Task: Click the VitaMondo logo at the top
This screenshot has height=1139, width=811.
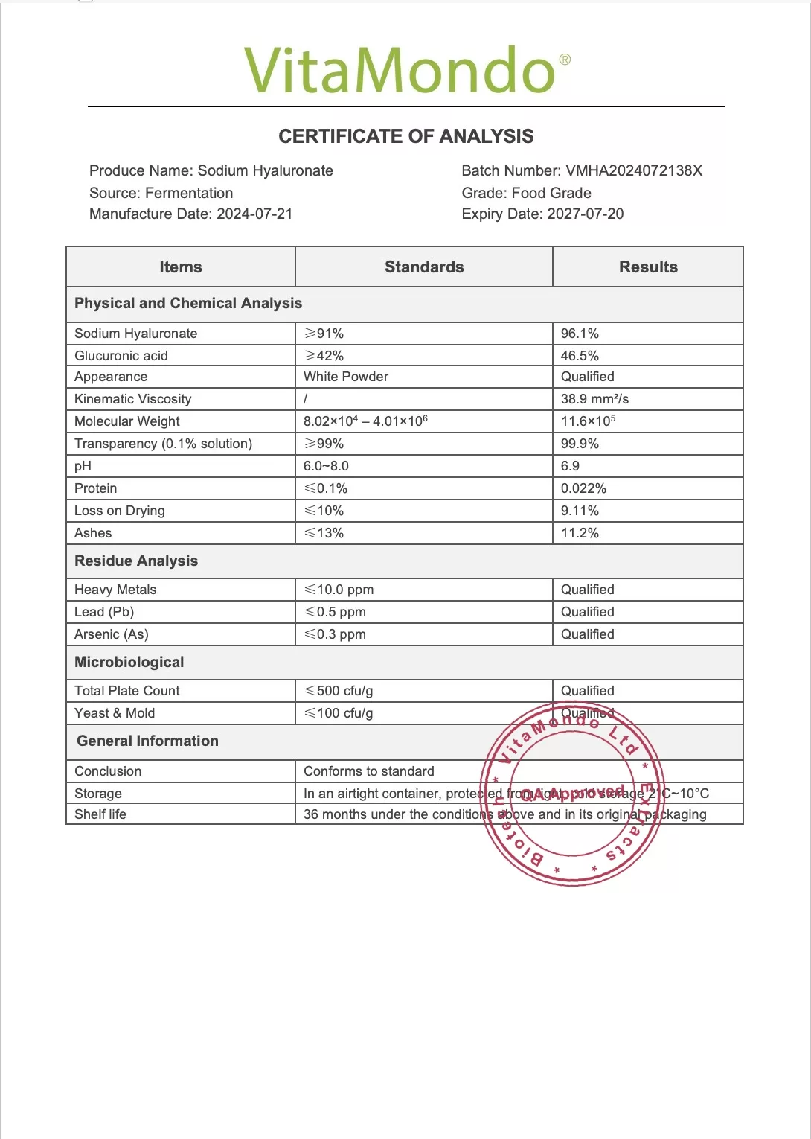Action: coord(406,70)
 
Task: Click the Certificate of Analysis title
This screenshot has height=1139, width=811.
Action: coord(406,136)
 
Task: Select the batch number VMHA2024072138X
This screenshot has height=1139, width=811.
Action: coord(633,170)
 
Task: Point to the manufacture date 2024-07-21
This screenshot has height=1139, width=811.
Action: coord(254,214)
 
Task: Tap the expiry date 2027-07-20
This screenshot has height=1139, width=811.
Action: coord(585,214)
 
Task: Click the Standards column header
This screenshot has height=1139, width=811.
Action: coord(424,267)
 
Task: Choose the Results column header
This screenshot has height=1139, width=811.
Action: coord(648,267)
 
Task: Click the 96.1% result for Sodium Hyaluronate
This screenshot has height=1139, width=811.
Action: coord(580,334)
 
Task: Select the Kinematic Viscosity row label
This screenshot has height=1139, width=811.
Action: coord(133,399)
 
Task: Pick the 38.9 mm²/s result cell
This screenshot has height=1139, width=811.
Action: coord(594,399)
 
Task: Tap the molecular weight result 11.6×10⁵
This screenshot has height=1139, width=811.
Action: coord(588,421)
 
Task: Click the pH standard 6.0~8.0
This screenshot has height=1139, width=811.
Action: coord(326,466)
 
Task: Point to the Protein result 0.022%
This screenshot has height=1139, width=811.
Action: coord(583,488)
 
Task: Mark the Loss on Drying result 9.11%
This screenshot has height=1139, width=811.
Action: coord(580,511)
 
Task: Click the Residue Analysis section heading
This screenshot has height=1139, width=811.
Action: coord(136,561)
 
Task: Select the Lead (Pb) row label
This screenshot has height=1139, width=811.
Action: coord(104,612)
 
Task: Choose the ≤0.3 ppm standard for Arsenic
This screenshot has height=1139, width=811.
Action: coord(335,634)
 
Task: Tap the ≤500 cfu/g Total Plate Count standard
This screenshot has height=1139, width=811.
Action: coord(339,691)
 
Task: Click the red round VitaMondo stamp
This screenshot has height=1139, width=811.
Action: coord(571,794)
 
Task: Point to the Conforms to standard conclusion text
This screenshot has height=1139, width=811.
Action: coord(369,771)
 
